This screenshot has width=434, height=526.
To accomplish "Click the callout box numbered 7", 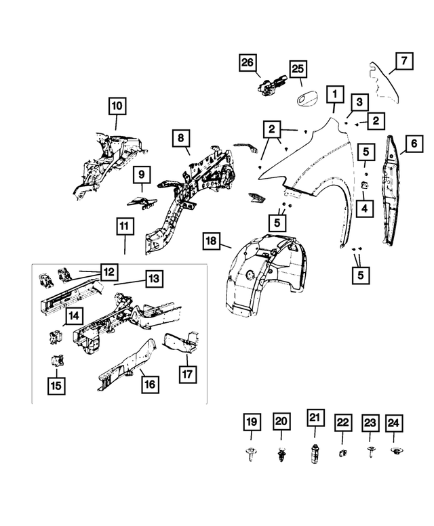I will pyautogui.click(x=403, y=62).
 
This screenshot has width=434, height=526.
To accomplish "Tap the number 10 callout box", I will pyautogui.click(x=117, y=106).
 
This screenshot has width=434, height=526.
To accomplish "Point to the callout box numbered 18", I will pyautogui.click(x=212, y=241).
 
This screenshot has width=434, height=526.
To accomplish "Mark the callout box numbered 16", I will pyautogui.click(x=149, y=383).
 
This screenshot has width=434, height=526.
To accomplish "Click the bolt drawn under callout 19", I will pyautogui.click(x=252, y=456).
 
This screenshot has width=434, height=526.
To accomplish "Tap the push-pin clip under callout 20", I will pyautogui.click(x=281, y=456).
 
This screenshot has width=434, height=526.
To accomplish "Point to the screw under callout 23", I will pyautogui.click(x=370, y=453).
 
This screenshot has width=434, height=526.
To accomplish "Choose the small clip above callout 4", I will pyautogui.click(x=365, y=184).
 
